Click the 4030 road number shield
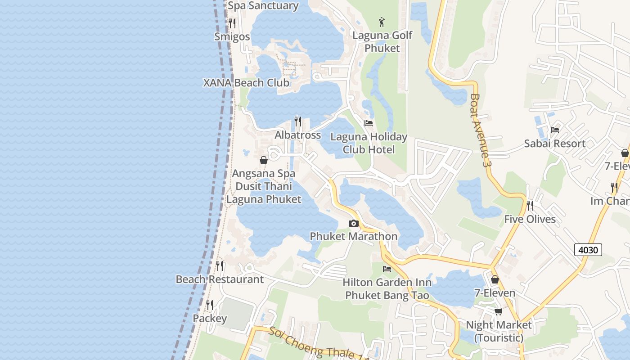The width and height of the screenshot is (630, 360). (x=588, y=249)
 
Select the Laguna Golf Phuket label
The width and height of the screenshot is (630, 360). (x=382, y=41)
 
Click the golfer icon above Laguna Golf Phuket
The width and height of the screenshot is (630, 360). (x=382, y=22)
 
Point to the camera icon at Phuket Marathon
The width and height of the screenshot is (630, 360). (x=354, y=223)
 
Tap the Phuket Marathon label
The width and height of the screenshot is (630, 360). (x=354, y=236)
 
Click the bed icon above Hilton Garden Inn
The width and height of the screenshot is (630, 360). (x=387, y=269)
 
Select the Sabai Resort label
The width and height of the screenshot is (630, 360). (x=554, y=144)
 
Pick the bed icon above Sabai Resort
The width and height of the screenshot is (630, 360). (x=554, y=130)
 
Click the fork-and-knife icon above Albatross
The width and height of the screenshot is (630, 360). (x=298, y=121)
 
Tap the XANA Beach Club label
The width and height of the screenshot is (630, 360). (x=246, y=83)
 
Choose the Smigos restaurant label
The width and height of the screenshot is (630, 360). (x=232, y=36)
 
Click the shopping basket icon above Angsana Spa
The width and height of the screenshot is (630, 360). (x=264, y=160)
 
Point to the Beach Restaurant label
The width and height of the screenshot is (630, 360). (x=220, y=279)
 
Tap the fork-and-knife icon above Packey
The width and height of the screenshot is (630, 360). (x=210, y=305)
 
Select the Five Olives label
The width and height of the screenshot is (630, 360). (x=530, y=219)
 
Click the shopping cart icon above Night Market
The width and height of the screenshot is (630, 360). (x=498, y=311)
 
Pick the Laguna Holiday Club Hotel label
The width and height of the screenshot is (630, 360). (x=369, y=143)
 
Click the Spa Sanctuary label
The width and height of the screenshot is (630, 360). (x=263, y=6)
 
